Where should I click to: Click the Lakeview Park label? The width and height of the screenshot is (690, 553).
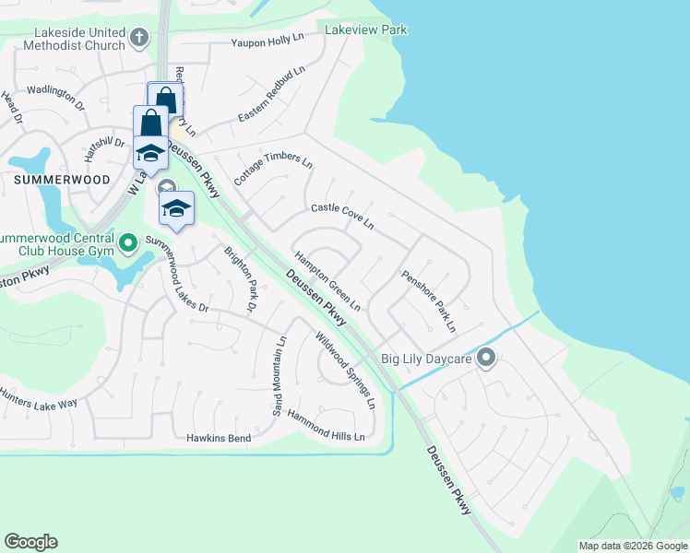point(365,30)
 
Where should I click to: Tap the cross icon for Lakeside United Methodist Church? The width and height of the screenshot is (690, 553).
point(139,38)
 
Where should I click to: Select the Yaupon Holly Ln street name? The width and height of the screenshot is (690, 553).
point(268,41)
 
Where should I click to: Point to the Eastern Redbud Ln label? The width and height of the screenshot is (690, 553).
point(270,96)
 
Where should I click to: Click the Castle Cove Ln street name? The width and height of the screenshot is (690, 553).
point(341,217)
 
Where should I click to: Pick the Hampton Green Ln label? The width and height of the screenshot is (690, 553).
point(327,280)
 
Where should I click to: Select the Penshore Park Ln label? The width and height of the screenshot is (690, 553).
point(428,300)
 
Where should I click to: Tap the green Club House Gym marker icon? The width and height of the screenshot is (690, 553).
point(128,243)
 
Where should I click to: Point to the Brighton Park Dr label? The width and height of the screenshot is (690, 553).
point(241,277)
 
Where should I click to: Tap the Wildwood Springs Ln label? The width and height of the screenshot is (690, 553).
point(346,371)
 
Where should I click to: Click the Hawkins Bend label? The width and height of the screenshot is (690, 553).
point(219,438)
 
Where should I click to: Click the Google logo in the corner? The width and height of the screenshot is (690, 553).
point(30,542)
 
